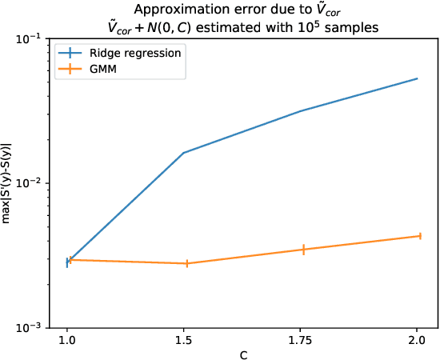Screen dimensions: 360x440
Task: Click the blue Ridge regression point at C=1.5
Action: pos(184,153)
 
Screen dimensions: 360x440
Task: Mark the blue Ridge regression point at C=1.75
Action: pos(300,111)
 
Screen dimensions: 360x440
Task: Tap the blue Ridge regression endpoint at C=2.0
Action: pos(417,78)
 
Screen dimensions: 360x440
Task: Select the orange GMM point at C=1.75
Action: pos(303,250)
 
